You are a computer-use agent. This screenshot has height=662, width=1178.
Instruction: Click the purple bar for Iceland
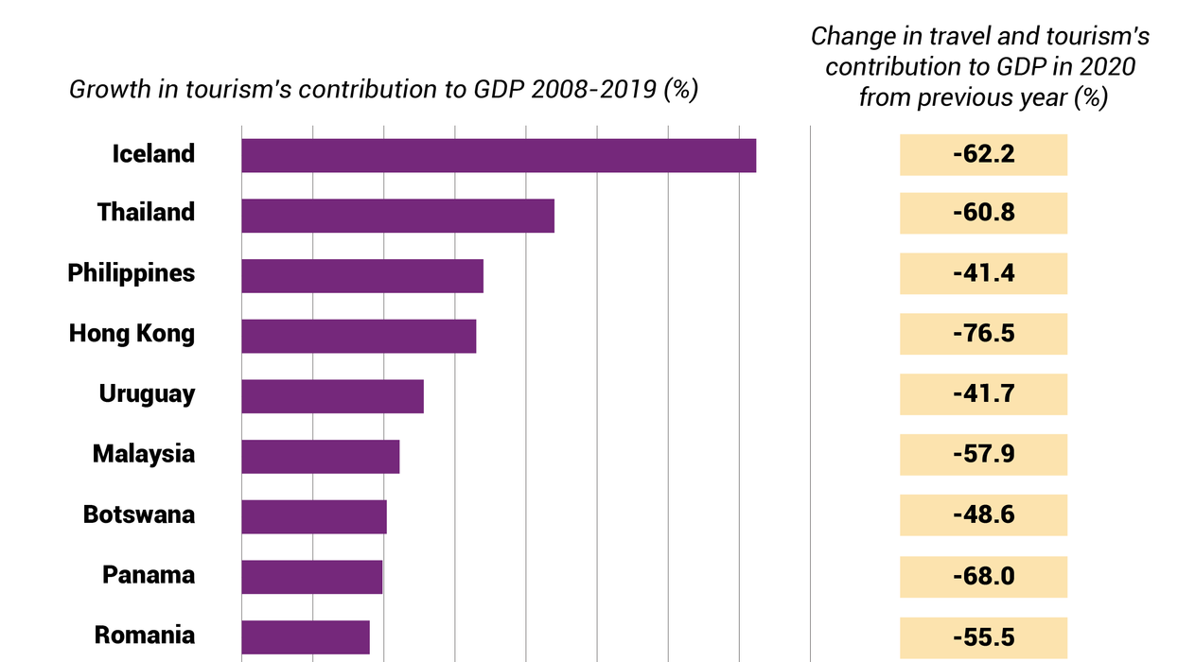(x=499, y=155)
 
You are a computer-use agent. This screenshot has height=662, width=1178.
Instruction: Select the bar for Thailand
(x=397, y=216)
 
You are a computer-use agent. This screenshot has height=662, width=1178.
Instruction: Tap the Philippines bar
(x=362, y=276)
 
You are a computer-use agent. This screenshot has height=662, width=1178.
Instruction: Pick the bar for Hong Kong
(x=359, y=337)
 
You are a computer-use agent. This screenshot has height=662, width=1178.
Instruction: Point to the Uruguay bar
(x=332, y=396)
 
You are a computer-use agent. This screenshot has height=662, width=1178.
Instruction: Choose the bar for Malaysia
(x=320, y=457)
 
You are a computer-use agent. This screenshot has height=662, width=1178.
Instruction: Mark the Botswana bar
(x=314, y=517)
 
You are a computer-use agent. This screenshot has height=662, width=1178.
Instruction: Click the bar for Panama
(x=311, y=577)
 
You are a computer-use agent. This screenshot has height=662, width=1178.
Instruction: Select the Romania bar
(x=306, y=637)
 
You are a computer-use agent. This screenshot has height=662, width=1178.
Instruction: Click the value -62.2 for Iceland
(x=983, y=154)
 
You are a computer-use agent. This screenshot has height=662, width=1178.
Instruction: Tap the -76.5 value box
(x=983, y=334)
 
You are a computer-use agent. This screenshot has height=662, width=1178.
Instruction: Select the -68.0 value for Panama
(x=983, y=576)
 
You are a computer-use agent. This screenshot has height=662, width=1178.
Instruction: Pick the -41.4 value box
(x=983, y=273)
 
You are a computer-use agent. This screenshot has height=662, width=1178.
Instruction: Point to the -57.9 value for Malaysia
(x=983, y=455)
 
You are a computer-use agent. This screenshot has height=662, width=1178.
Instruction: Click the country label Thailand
(x=146, y=213)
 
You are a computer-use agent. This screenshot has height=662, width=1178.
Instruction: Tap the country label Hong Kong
(x=132, y=334)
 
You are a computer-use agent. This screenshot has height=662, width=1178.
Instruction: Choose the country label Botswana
(x=139, y=515)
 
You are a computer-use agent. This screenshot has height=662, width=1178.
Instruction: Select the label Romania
(x=145, y=636)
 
